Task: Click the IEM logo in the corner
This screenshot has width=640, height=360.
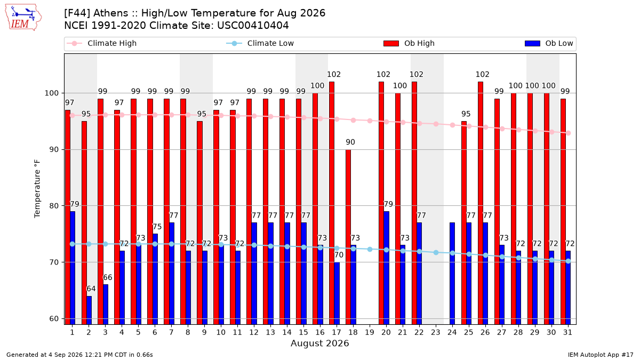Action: tap(23, 18)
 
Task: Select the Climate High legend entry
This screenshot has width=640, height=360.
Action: tap(102, 43)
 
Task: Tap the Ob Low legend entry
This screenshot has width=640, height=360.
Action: tap(549, 43)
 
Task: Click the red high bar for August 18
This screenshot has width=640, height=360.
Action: tap(348, 237)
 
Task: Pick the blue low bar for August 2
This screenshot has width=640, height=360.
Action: tap(89, 310)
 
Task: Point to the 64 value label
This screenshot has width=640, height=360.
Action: tap(91, 289)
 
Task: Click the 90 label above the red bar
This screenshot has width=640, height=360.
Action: tap(350, 142)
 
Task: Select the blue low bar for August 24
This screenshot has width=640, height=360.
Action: tap(452, 274)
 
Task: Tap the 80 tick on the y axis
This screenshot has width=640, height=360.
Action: tap(52, 206)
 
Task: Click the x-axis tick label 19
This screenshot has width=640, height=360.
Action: tap(370, 332)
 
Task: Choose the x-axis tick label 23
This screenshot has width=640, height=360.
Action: tap(435, 332)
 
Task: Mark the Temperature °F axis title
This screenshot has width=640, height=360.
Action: tap(37, 189)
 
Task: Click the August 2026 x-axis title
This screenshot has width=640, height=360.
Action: tap(319, 343)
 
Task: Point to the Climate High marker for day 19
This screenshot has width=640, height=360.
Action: tap(370, 121)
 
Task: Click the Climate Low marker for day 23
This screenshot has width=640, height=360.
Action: tap(436, 253)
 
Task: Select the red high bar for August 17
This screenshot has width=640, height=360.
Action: tap(332, 203)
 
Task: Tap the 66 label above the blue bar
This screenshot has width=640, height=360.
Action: tap(107, 277)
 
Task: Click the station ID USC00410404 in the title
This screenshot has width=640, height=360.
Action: tap(253, 26)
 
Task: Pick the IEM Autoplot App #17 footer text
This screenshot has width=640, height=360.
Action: tap(601, 355)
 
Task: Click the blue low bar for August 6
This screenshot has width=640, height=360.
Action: tap(155, 279)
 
